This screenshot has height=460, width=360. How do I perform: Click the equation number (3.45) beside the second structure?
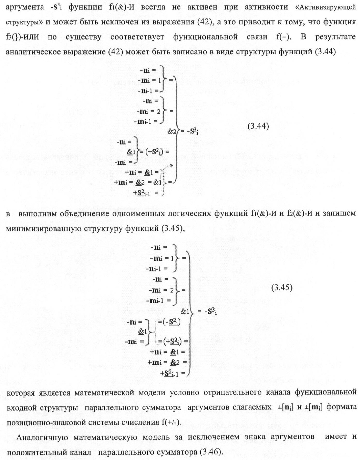(282, 288)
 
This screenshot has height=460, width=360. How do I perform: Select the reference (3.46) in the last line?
(211, 452)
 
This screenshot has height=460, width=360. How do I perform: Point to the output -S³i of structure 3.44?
(191, 132)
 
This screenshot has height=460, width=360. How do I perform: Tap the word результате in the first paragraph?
(335, 37)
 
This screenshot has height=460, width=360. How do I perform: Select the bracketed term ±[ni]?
(283, 408)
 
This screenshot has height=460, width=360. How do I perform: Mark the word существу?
(83, 37)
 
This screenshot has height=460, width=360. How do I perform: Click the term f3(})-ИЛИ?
(22, 37)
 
